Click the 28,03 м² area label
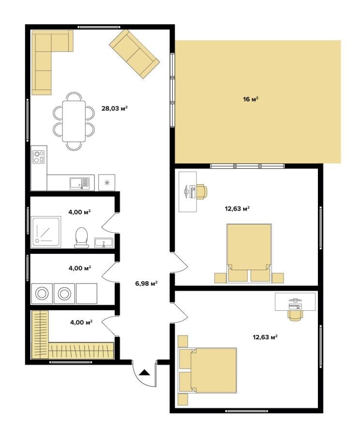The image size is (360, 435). [114, 108]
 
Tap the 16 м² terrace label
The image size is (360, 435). [251, 99]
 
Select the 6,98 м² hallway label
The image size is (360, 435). [147, 283]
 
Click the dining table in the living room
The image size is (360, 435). [74, 121]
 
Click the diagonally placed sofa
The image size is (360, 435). [135, 54]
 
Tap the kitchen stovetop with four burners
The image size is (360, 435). [39, 157]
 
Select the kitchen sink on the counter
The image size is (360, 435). [80, 183]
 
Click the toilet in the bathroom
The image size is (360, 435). [81, 237]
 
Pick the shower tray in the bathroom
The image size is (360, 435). [46, 232]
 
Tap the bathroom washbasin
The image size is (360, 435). [104, 243]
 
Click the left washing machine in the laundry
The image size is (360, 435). [42, 293]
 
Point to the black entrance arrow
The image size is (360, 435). [145, 372]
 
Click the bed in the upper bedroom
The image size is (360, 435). [249, 253]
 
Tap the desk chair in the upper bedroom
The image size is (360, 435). [202, 192]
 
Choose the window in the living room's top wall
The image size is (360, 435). [99, 27]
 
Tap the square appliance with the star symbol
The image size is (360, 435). [106, 183]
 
